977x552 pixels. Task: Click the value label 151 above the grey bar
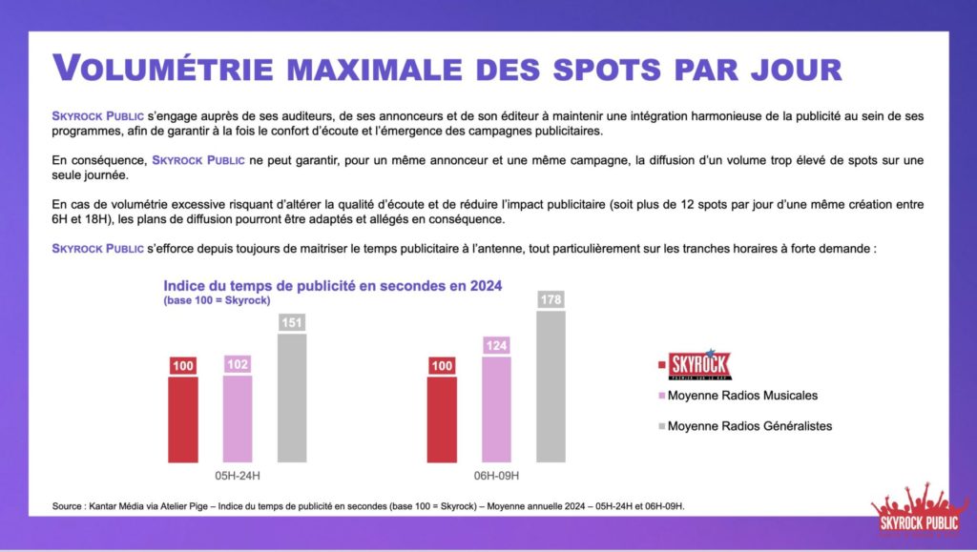pos(292,322)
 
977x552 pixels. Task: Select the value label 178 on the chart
pos(551,299)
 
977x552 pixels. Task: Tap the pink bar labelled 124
pos(496,408)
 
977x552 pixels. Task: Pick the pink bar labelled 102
pos(238,418)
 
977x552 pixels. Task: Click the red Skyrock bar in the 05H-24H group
pos(183,419)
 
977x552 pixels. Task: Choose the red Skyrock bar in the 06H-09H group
pos(442,419)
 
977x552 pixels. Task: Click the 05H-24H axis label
pos(238,475)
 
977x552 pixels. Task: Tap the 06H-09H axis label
pos(496,475)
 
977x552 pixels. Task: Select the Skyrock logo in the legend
pos(698,365)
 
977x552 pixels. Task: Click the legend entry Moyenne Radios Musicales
pos(742,396)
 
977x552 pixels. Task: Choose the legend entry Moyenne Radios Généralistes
pos(750,426)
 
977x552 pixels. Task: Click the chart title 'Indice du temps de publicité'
pos(332,285)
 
